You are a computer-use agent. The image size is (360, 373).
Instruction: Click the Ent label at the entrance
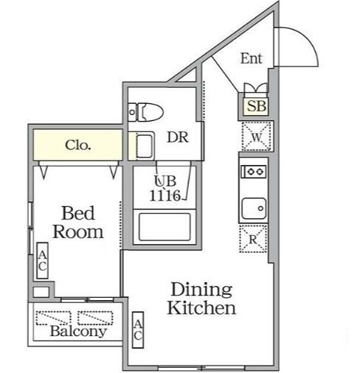click(x=252, y=58)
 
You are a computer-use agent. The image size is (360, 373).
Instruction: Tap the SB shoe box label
click(x=256, y=106)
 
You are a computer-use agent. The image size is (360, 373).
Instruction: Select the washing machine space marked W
click(x=257, y=136)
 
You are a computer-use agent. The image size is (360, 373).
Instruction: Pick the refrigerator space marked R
click(x=253, y=239)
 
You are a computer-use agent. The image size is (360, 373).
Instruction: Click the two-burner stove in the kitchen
click(x=254, y=171)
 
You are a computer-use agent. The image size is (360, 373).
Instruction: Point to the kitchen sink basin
click(x=254, y=209)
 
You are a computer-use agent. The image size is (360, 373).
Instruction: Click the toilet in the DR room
click(x=146, y=112)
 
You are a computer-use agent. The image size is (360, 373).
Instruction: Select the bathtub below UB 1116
click(x=165, y=227)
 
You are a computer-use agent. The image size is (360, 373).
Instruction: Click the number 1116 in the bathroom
click(x=165, y=196)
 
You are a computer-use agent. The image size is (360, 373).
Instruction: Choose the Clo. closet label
click(x=78, y=145)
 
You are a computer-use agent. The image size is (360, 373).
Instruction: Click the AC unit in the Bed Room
click(x=42, y=260)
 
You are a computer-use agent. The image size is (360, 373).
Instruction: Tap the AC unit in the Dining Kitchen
click(x=138, y=330)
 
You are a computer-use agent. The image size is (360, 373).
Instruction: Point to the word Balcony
click(x=78, y=331)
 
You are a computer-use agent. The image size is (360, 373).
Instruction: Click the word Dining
click(x=201, y=290)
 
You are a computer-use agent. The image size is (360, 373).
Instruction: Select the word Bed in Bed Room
click(x=78, y=213)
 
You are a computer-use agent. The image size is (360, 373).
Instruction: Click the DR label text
click(x=178, y=137)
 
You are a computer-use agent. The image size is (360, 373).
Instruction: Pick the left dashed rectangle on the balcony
click(x=54, y=318)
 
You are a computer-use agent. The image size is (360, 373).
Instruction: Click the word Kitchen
click(x=201, y=307)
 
